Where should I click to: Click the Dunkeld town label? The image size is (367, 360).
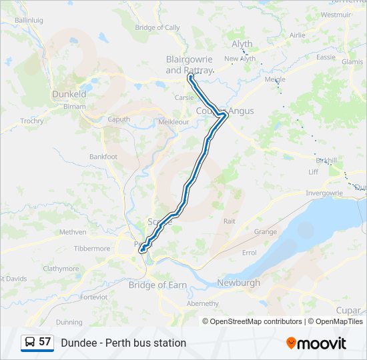[x=69, y=95]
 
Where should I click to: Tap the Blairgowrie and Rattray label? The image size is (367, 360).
[x=189, y=65]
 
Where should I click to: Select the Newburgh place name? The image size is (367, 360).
[x=238, y=283]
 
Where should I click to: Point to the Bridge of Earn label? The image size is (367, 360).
[x=157, y=285]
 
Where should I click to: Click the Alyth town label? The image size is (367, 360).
[x=242, y=44]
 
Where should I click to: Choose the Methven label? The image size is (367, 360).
[x=73, y=232]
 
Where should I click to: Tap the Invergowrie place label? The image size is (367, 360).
[x=324, y=193]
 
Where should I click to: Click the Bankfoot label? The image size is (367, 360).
[x=103, y=157]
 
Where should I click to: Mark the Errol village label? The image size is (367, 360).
[x=249, y=253]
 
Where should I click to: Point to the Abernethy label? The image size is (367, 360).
[x=202, y=303]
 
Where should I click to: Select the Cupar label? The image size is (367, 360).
[x=348, y=311]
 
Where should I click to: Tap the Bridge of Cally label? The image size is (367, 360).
[x=157, y=27]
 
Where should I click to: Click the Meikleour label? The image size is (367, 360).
[x=172, y=123]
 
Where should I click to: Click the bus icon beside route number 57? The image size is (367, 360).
[x=29, y=342]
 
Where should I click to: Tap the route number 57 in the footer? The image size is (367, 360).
[x=45, y=342]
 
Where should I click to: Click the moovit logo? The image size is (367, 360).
[x=316, y=343]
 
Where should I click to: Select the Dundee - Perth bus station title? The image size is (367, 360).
[x=123, y=343]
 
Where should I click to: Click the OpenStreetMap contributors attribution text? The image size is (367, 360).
[x=256, y=321]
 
